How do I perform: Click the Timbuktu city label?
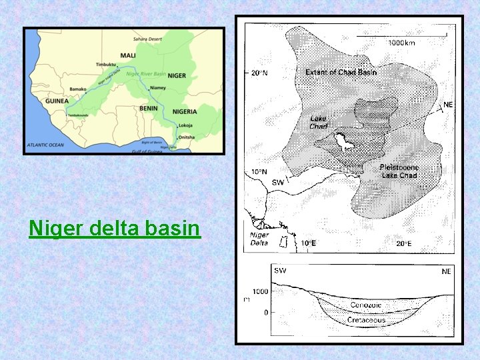click(x=106, y=65)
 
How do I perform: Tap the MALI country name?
click(x=129, y=55)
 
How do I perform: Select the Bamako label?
click(x=77, y=89)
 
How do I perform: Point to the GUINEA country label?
click(x=57, y=101)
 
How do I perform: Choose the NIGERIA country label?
click(x=185, y=111)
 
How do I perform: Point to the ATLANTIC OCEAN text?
click(x=45, y=144)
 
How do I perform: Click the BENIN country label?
click(x=149, y=108)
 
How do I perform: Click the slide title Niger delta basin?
click(x=115, y=229)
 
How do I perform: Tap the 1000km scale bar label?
click(x=401, y=43)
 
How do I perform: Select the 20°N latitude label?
click(x=259, y=72)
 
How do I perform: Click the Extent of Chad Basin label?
click(x=341, y=72)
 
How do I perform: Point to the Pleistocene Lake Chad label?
click(x=399, y=171)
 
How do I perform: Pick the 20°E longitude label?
click(x=404, y=244)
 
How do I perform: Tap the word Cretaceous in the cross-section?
click(x=366, y=320)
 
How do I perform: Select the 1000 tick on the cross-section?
click(x=260, y=291)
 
